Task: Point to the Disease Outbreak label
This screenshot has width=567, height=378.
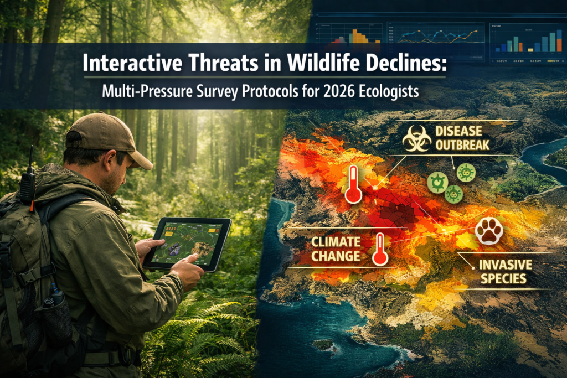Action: point(459,138)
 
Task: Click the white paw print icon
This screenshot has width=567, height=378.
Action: point(489,231)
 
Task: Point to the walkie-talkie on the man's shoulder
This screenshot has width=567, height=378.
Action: point(27,180)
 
